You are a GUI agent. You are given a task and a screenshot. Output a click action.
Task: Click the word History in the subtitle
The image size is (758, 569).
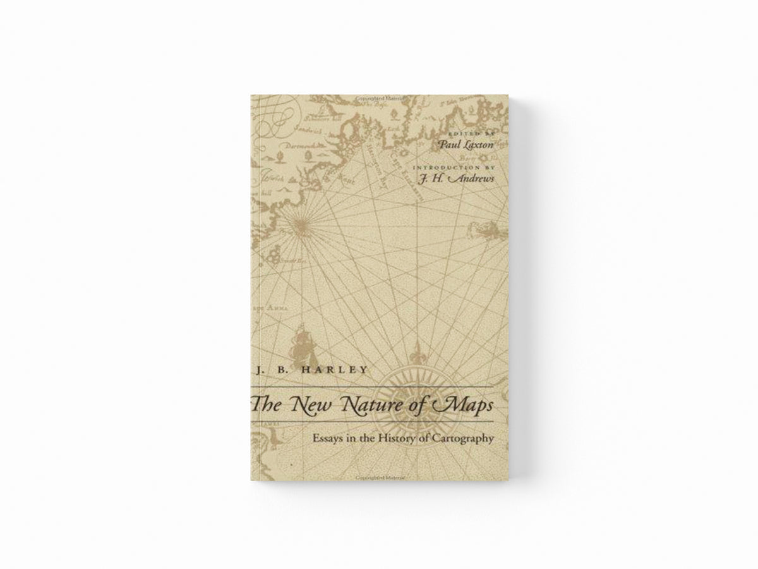pos(397,436)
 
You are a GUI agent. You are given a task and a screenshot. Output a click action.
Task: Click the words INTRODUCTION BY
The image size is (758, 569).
pos(450,167)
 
